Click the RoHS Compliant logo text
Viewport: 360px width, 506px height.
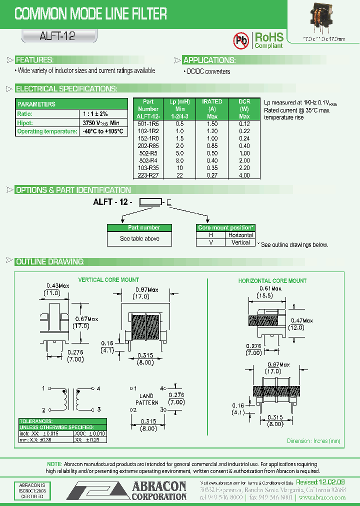pos(269,40)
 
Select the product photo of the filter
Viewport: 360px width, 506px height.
pos(323,16)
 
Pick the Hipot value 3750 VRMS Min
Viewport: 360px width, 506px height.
pos(100,122)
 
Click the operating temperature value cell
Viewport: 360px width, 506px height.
pos(103,131)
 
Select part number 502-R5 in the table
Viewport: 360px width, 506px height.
pos(148,153)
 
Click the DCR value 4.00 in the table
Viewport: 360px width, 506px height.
pos(244,175)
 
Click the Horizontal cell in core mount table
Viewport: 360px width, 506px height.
pos(240,235)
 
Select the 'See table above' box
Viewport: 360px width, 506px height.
pos(139,238)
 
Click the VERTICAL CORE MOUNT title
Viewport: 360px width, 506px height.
pos(108,280)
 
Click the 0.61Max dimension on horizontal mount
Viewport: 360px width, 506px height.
pos(270,289)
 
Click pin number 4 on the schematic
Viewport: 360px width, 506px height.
pos(98,388)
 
